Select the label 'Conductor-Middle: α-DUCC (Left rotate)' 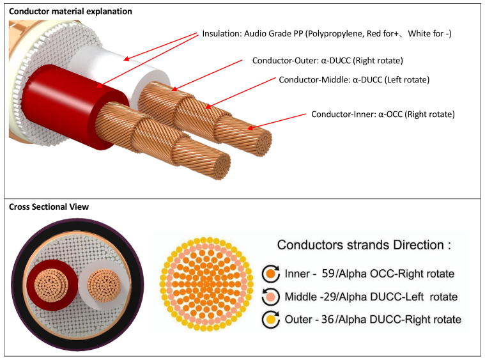click(354, 80)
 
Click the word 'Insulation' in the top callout click(221, 33)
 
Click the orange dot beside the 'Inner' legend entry click(270, 274)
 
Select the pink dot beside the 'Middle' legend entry click(270, 296)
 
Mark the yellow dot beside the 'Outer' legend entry click(270, 319)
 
